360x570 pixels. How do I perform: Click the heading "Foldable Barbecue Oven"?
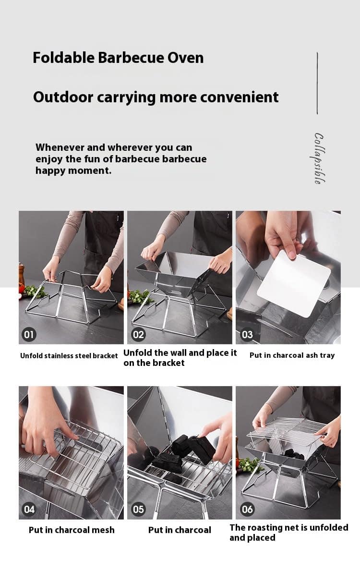(x=118, y=58)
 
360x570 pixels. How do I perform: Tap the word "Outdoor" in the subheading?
(x=63, y=97)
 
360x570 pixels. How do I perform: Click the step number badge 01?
(x=29, y=334)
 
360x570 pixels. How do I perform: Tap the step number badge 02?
(x=138, y=334)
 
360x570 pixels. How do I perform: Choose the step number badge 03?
(x=247, y=334)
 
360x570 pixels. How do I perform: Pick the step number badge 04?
(x=29, y=509)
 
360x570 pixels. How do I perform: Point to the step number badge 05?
(x=138, y=509)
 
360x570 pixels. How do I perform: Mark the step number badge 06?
(x=247, y=509)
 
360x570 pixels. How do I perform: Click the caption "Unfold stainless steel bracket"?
(x=69, y=356)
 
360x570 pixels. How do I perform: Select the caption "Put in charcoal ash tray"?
(x=292, y=355)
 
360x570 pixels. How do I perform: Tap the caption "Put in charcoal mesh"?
(x=72, y=530)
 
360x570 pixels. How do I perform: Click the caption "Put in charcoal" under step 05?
(x=180, y=530)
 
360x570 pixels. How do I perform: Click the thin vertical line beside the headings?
(x=317, y=83)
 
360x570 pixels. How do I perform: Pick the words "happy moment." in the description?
(x=73, y=170)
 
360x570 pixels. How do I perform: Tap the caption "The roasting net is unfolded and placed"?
(x=288, y=533)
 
